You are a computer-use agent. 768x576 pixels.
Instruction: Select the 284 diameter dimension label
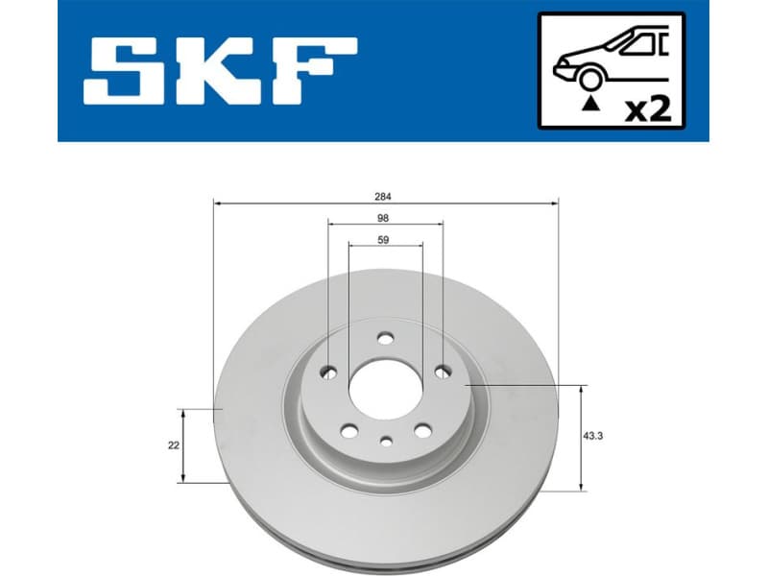pyautogui.click(x=384, y=196)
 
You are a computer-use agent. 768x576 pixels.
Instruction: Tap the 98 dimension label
pyautogui.click(x=384, y=218)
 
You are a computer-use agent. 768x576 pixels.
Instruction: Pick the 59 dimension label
pyautogui.click(x=384, y=240)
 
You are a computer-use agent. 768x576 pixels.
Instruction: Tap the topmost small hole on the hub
pyautogui.click(x=386, y=338)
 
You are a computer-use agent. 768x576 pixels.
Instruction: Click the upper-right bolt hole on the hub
pyautogui.click(x=443, y=372)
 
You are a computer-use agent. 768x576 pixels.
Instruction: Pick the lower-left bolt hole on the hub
pyautogui.click(x=349, y=431)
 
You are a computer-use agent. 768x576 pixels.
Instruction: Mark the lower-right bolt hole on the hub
pyautogui.click(x=420, y=431)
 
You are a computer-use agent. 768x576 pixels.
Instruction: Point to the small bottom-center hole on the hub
pyautogui.click(x=386, y=442)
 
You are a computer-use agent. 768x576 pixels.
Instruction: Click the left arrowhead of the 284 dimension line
pyautogui.click(x=217, y=204)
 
